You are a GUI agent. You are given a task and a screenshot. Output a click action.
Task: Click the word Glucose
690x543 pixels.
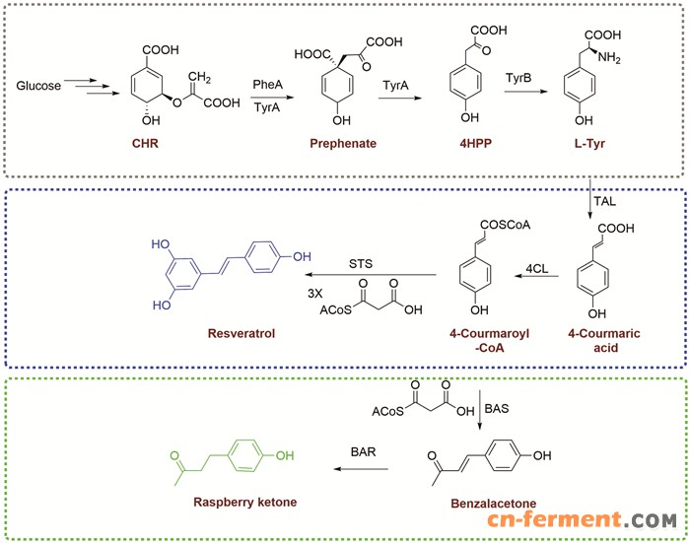point(39,87)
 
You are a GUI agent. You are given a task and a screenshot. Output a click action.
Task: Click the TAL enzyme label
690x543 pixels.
point(609,198)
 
